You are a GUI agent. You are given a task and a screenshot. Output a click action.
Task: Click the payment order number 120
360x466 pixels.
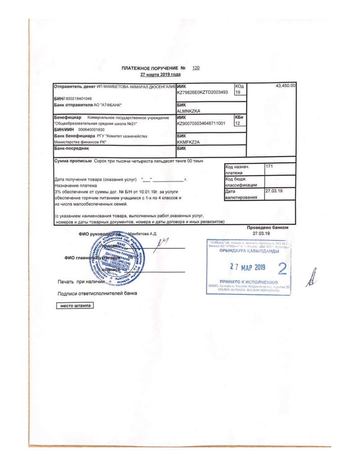(195, 68)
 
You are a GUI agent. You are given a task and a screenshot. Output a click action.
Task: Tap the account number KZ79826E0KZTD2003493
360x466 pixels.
(202, 92)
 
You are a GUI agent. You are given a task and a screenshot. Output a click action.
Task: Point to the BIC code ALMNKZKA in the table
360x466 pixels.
(189, 110)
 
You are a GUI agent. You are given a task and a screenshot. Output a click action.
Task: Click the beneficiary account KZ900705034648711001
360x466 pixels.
(201, 122)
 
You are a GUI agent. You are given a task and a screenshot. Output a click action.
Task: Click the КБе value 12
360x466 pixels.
(238, 122)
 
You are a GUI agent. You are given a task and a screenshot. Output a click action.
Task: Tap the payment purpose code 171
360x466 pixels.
(270, 167)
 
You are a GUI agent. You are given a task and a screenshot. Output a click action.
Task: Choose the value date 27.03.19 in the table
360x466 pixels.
(274, 191)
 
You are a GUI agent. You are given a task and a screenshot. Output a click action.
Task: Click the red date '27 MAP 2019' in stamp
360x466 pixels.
(247, 267)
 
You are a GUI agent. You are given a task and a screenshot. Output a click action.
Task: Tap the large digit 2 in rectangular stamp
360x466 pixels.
(282, 269)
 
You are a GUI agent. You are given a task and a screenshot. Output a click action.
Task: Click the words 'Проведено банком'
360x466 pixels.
(268, 228)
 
